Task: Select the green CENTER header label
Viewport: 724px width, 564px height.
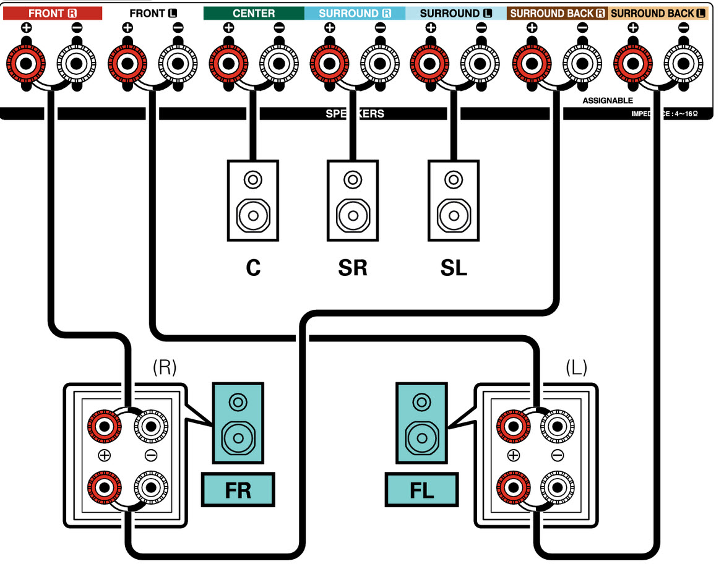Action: (x=254, y=13)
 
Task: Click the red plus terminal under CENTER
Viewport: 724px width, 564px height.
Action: (x=228, y=62)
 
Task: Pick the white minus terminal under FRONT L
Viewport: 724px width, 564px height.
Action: (x=178, y=62)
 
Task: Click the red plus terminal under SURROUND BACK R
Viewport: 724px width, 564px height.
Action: (x=532, y=62)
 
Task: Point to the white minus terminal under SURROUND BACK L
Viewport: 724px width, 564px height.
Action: (x=683, y=62)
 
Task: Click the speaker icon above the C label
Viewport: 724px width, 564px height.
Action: (x=252, y=200)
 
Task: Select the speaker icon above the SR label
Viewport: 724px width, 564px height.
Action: (x=353, y=200)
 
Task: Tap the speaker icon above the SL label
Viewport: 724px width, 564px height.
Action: (x=454, y=200)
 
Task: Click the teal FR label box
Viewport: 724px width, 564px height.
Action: (x=238, y=490)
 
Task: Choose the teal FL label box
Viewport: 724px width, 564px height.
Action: (x=422, y=490)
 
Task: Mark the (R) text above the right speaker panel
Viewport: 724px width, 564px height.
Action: (x=165, y=367)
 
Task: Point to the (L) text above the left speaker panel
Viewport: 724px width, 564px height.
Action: (x=576, y=367)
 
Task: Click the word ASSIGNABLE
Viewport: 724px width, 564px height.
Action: (x=608, y=100)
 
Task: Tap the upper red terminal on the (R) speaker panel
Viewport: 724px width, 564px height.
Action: (x=103, y=425)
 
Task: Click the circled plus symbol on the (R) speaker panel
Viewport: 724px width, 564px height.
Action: (x=103, y=456)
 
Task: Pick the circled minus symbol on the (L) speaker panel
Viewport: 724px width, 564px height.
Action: (x=558, y=456)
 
